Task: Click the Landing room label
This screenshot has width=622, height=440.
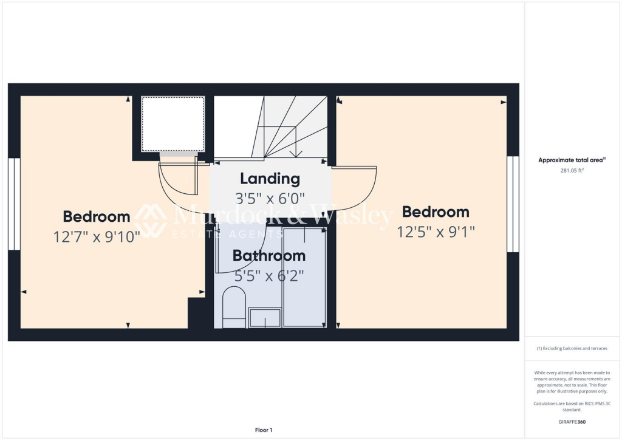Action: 270,179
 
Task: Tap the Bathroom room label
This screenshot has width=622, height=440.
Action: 269,256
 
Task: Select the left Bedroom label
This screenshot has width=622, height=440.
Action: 97,216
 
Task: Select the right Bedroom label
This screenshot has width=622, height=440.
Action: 436,212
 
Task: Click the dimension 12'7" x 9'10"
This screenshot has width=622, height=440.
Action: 97,236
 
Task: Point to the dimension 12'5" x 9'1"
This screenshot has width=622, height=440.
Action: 436,232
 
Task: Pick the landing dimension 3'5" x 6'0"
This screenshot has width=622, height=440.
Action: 270,198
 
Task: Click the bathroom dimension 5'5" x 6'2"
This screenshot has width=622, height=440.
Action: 269,275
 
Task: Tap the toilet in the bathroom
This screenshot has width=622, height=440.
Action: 233,307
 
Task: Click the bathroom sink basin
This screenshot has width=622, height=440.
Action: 265,318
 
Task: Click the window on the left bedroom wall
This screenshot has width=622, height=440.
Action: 14,204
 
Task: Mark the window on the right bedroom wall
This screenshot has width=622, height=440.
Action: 513,204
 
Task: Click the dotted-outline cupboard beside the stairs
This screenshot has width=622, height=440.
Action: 173,124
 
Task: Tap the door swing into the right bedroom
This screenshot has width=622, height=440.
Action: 355,185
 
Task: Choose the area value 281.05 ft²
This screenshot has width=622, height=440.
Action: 571,171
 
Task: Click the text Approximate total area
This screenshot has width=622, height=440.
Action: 571,160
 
